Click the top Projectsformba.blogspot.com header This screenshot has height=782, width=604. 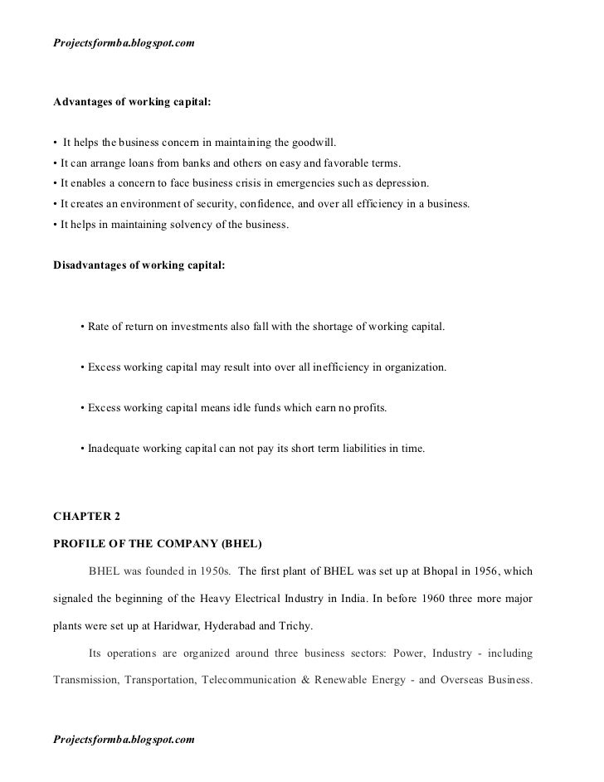click(124, 41)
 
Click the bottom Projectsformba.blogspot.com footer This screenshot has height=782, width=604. click(124, 738)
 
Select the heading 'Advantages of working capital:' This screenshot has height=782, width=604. click(132, 104)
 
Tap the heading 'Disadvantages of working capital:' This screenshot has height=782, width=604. click(139, 265)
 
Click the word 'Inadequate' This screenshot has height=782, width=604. click(116, 449)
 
